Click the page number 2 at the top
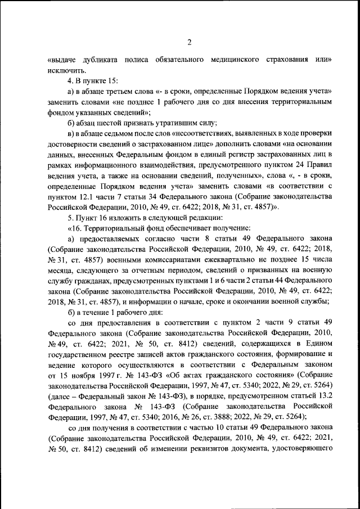190,42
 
